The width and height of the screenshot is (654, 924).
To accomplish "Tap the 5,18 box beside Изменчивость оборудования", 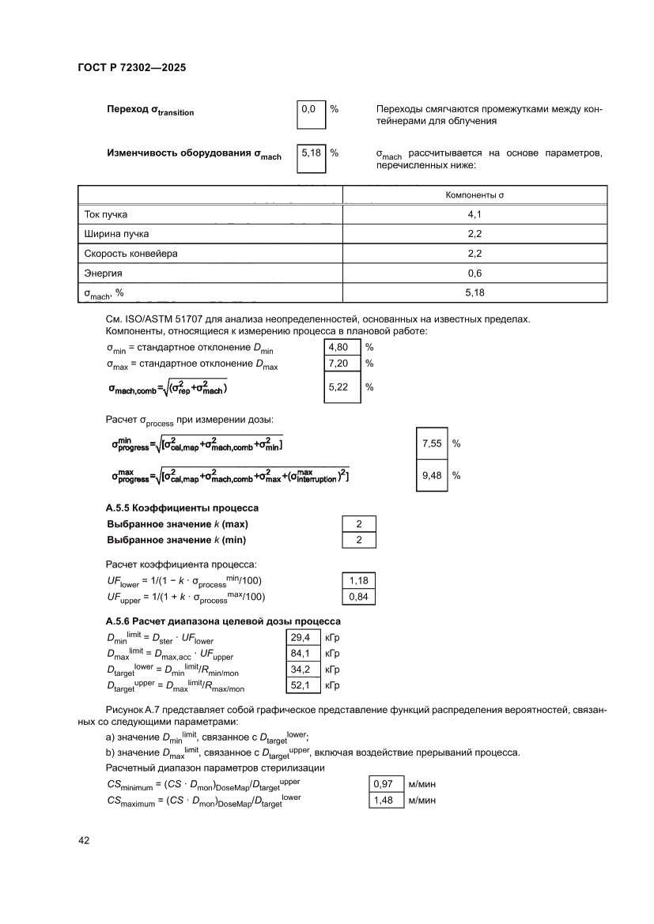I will point(310,153).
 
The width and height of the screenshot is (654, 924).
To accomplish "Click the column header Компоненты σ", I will point(474,194).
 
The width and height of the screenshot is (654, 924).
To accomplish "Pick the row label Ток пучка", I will point(105,214).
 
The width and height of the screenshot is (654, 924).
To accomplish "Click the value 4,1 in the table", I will point(474,214).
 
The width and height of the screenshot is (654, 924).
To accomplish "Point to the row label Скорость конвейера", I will point(130,254).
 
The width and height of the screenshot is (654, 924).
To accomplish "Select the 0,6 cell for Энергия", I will point(474,273).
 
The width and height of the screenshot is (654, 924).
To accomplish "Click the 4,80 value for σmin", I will point(342,347).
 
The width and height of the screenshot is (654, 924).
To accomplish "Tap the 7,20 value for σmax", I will point(342,364).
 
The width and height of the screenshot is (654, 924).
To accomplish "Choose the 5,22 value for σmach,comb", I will point(342,387).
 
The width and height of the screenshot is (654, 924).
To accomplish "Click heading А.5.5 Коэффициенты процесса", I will point(182,507).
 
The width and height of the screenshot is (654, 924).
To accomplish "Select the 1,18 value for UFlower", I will point(359,580).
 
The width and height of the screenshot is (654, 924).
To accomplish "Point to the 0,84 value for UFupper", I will point(359,597).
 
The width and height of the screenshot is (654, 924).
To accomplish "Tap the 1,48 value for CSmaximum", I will point(384,800).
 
